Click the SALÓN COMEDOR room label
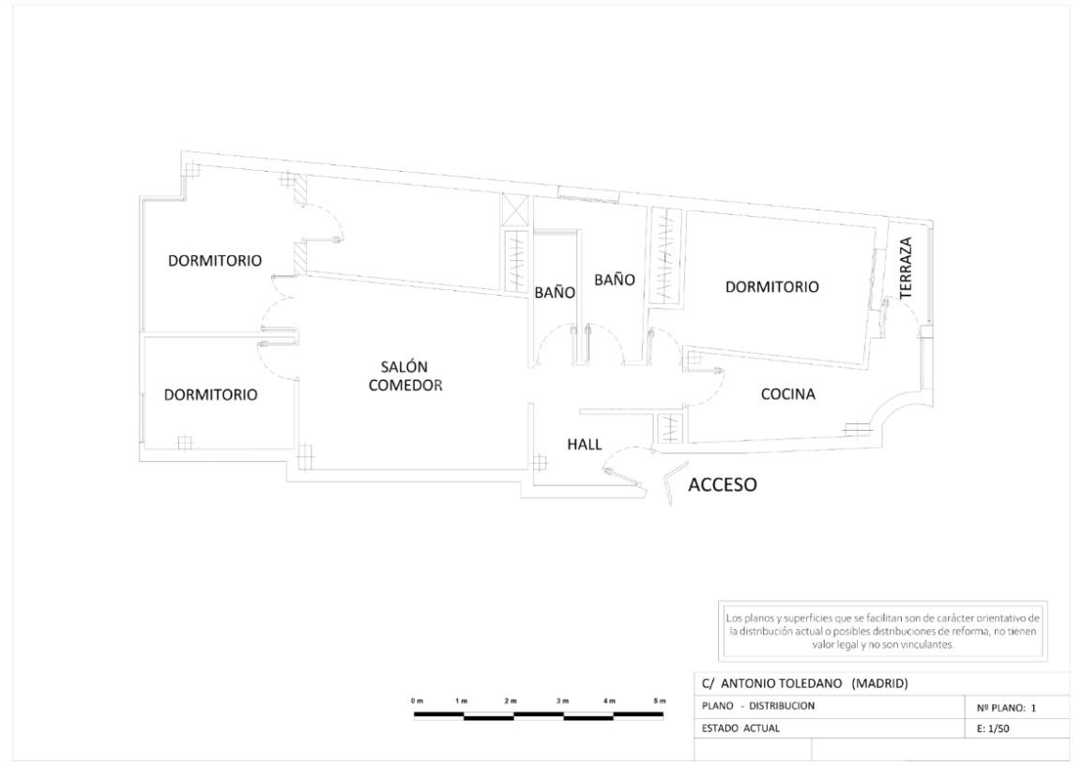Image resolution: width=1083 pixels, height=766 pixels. point(405,375)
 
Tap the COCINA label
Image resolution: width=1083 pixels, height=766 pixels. point(787,395)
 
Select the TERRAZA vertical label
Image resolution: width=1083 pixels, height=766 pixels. point(907,268)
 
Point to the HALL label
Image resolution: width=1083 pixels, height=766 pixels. point(584,445)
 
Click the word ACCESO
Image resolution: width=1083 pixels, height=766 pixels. point(723,485)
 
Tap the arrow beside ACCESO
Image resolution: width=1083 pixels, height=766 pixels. point(669,488)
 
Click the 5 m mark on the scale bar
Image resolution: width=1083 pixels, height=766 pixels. point(662,702)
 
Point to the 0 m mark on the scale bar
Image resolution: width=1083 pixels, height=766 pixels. point(417,702)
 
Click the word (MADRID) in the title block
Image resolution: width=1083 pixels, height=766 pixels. point(879,683)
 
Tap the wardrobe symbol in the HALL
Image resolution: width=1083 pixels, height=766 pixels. point(668,428)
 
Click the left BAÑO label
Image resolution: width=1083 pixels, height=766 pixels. point(554,292)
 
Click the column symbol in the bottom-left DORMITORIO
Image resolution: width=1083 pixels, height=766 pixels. point(185,441)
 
